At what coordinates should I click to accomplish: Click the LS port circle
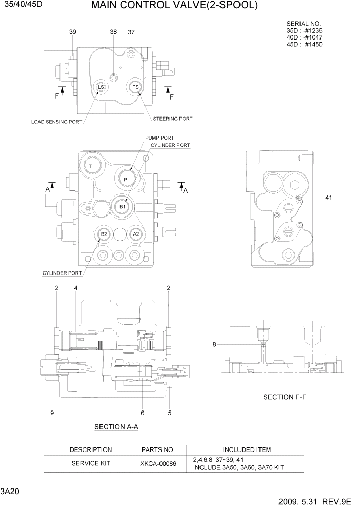point(101,87)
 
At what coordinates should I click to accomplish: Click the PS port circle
point(135,87)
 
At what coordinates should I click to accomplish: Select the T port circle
point(90,166)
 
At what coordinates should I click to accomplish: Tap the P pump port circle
point(125,179)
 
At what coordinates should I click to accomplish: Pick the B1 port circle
point(123,206)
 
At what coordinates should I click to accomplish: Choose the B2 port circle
point(104,234)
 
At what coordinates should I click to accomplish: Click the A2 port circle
point(136,234)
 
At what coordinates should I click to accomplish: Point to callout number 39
point(73,32)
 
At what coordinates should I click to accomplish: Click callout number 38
point(113,32)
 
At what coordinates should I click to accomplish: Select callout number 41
point(329,198)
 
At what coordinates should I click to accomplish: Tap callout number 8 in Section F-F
point(214,344)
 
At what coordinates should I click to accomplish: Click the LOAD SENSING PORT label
point(56,122)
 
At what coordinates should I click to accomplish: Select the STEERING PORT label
point(173,119)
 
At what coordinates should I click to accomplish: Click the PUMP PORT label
point(159,138)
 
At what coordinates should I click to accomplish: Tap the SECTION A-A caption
point(116,427)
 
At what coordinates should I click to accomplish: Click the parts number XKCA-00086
point(157,463)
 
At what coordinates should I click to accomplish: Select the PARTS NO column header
point(157,450)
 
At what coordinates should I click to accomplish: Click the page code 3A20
point(10,492)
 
